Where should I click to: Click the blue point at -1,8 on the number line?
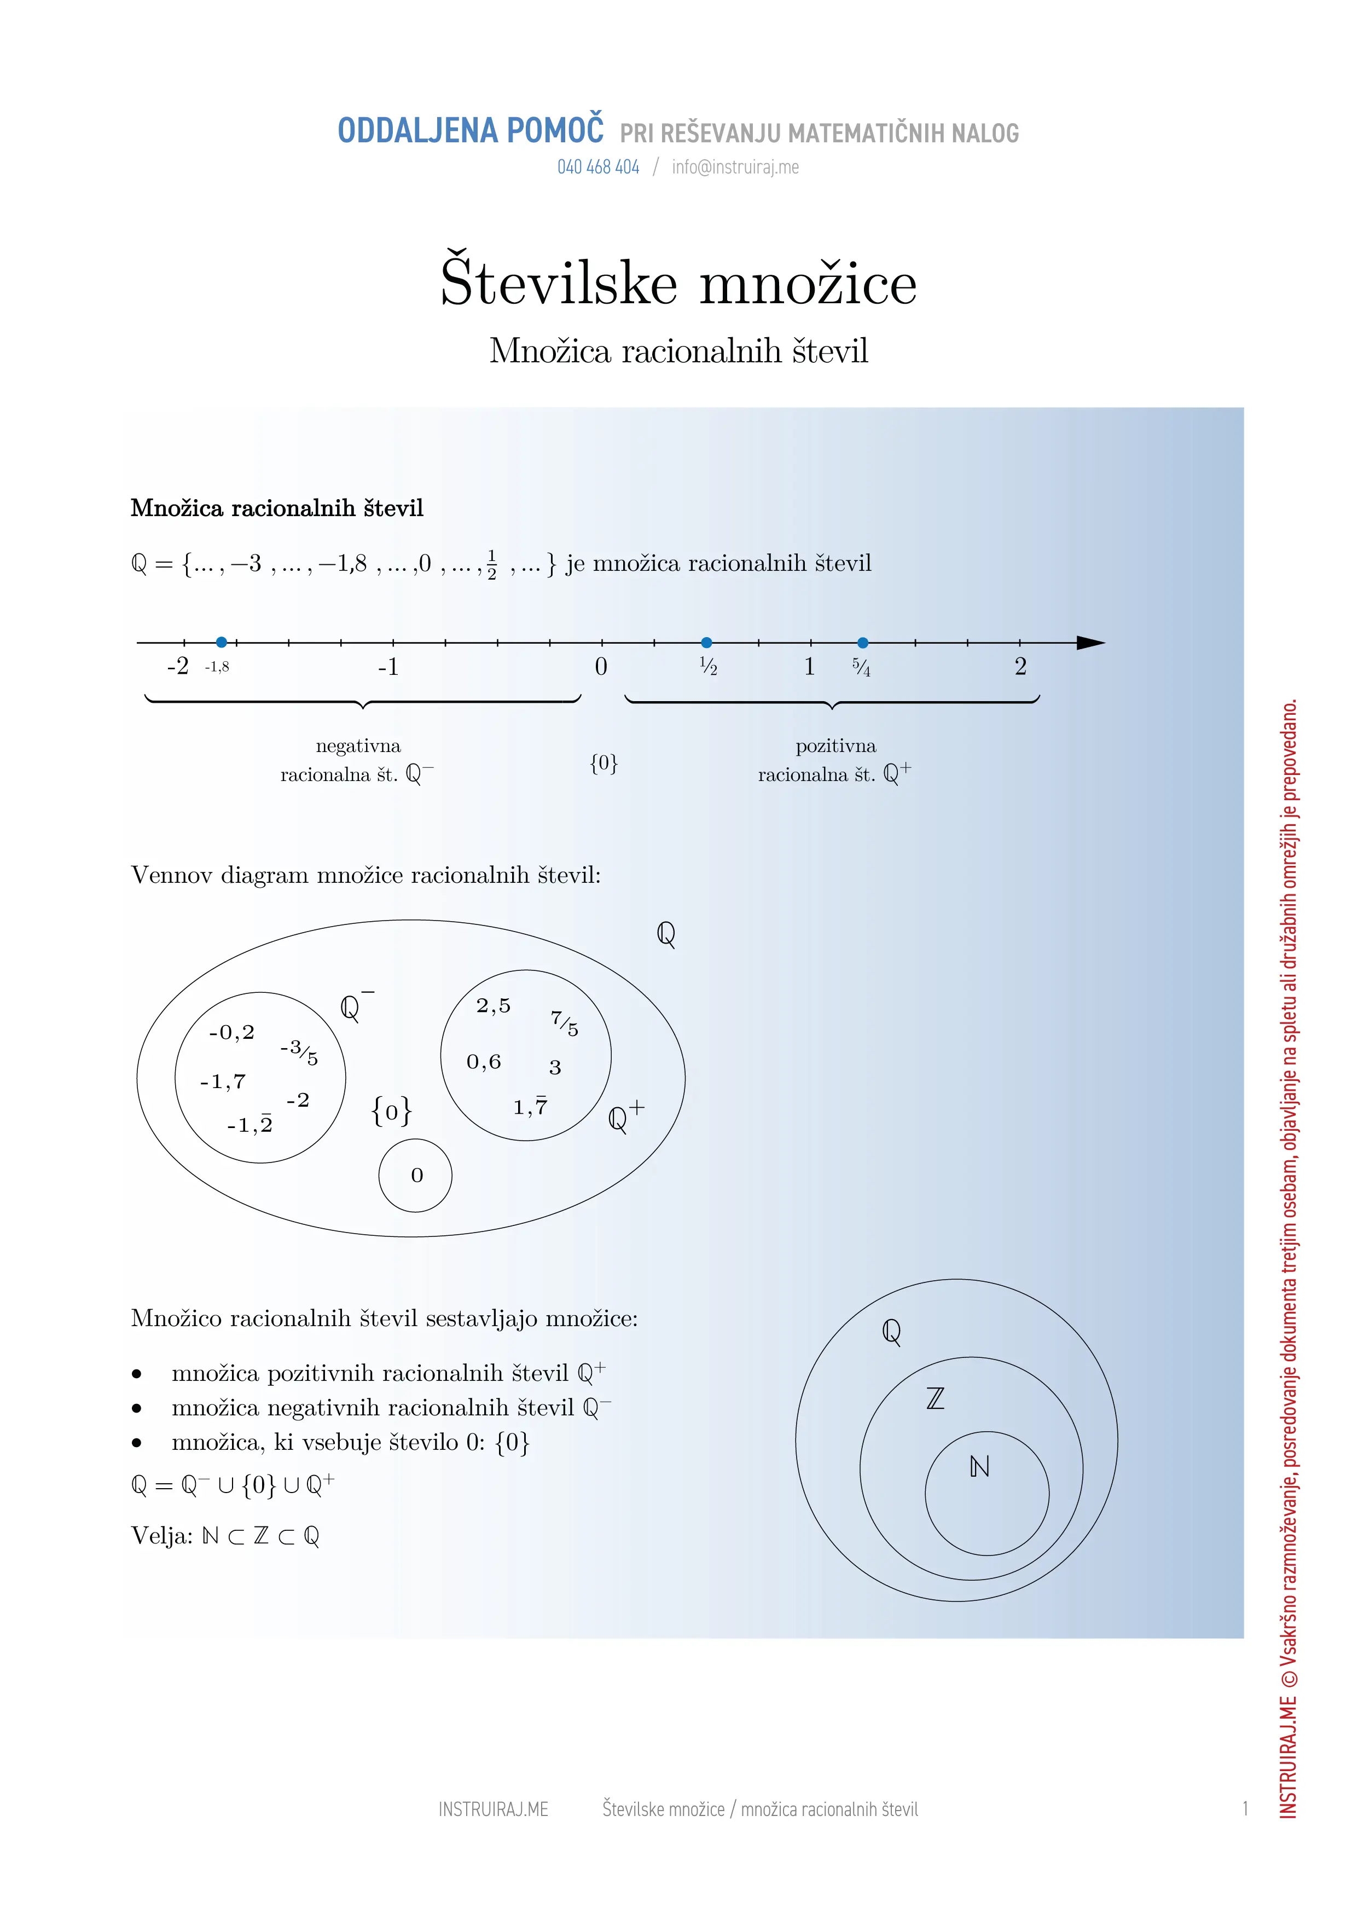tap(222, 642)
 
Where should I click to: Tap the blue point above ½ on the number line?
tap(706, 642)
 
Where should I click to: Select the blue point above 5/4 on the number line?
tap(863, 642)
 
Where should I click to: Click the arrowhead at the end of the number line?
tap(1090, 642)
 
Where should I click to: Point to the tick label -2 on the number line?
tap(178, 667)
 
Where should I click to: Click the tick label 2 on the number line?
tap(1020, 667)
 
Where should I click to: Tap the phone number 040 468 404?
tap(598, 167)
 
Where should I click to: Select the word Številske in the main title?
tap(559, 282)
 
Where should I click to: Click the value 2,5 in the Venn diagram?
tap(494, 1006)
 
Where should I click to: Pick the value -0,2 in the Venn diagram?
tap(231, 1033)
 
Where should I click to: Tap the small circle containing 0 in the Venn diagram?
tap(416, 1175)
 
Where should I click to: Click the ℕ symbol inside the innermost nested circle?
tap(979, 1467)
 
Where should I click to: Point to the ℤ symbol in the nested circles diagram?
tap(936, 1398)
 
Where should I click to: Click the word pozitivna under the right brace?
tap(835, 746)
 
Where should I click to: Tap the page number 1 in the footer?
tap(1245, 1809)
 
